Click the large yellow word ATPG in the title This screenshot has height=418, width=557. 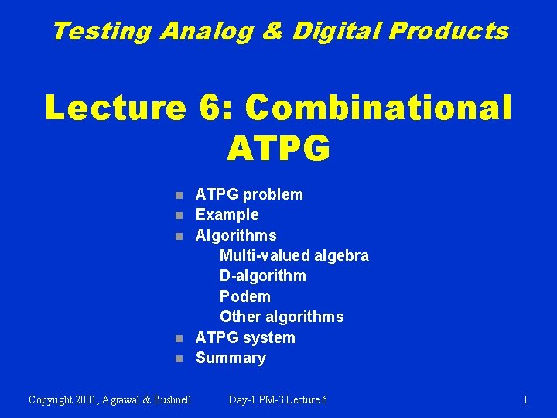point(278,147)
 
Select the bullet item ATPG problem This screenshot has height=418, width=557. point(249,194)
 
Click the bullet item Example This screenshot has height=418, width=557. point(227,214)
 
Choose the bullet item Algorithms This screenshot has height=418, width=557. point(235,235)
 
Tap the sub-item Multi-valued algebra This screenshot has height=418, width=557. point(294,255)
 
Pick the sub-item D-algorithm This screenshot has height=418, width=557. point(262,276)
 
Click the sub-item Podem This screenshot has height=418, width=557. point(244,296)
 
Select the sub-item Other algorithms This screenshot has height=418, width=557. point(282,317)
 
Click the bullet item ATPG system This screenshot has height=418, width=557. point(245,337)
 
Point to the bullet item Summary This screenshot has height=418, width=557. point(231,358)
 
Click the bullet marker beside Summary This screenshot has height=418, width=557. point(179,359)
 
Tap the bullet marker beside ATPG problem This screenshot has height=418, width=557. point(179,195)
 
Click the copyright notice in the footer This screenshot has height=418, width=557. point(110,399)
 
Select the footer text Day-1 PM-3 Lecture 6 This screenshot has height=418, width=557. point(278,399)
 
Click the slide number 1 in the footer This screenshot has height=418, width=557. point(525,399)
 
